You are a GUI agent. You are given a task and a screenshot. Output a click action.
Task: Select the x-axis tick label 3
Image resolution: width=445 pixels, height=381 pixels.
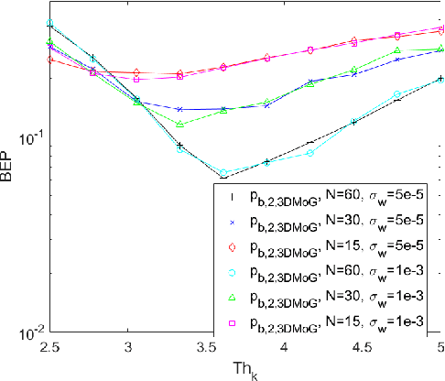pyautogui.click(x=128, y=349)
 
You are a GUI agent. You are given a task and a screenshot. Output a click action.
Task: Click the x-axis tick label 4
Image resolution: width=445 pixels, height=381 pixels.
pyautogui.click(x=286, y=349)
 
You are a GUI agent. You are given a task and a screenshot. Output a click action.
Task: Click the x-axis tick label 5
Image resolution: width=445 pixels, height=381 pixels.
pyautogui.click(x=440, y=349)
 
